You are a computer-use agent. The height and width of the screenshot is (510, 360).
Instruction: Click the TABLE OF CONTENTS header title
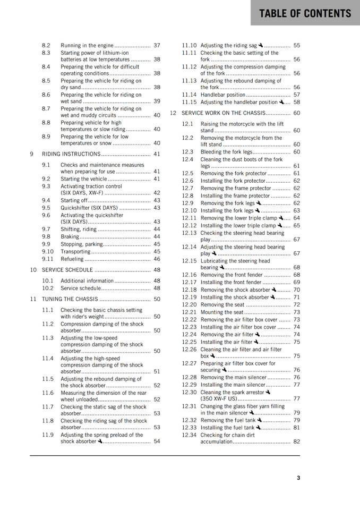click(305, 13)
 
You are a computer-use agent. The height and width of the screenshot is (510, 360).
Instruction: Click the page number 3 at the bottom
click(298, 478)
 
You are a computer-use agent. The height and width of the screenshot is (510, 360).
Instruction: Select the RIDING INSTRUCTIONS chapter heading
click(71, 154)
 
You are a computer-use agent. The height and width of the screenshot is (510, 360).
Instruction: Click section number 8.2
click(46, 46)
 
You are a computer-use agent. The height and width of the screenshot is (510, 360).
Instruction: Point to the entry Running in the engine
click(87, 46)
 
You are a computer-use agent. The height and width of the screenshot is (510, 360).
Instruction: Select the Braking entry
click(70, 236)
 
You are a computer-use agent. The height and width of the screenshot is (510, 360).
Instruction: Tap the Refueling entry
click(72, 259)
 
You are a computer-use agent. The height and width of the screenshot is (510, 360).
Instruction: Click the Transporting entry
click(75, 252)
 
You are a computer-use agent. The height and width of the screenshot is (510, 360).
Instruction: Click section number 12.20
click(189, 305)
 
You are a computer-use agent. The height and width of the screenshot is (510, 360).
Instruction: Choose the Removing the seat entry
click(222, 305)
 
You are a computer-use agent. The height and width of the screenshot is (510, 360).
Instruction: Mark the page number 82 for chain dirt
click(296, 441)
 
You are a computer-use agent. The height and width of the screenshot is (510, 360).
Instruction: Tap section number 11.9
click(48, 435)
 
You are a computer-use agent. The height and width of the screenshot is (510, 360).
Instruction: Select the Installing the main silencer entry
click(233, 385)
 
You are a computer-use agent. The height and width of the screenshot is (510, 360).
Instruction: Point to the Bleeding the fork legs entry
click(226, 152)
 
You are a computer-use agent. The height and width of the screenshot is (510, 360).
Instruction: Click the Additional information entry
click(87, 280)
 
